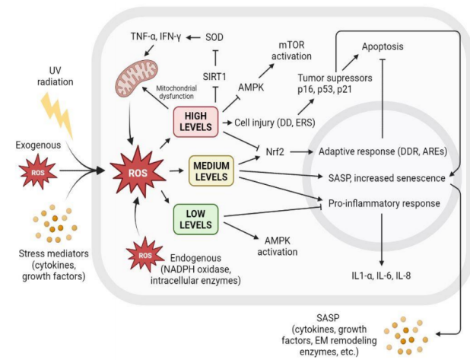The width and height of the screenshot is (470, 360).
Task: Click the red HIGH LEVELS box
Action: (x=196, y=120)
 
